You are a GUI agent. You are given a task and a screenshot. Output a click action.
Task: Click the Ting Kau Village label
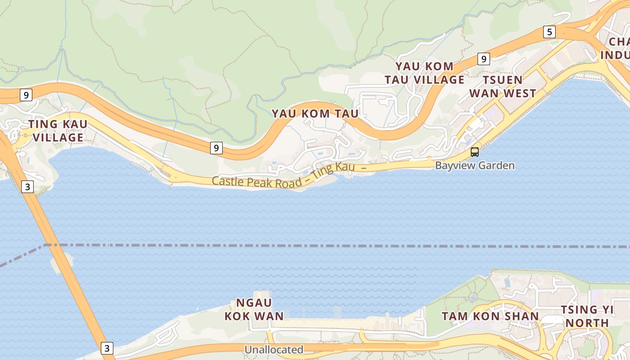pos(58,130)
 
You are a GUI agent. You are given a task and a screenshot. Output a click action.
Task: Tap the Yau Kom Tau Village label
pos(424,73)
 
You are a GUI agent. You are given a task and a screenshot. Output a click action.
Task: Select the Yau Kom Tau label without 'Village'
pos(315,113)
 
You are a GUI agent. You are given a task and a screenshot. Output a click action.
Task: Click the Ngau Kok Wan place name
pos(254,309)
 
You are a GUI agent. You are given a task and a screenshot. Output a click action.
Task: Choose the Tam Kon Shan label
pos(490,316)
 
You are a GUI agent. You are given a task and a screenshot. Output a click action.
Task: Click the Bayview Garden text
pos(474,166)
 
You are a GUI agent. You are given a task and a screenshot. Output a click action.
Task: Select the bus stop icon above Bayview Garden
pos(474,152)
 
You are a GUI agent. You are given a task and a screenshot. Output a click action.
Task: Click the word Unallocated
pos(274,350)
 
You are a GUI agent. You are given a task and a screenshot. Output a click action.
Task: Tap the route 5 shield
pos(549,32)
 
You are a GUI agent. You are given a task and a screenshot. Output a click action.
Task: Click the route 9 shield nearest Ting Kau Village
pos(27,95)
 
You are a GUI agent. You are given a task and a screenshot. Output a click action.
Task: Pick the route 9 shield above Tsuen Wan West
pos(483,58)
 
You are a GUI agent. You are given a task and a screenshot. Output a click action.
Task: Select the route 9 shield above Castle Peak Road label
pos(216,148)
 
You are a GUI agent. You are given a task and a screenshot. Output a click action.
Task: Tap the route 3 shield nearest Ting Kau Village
pos(27,186)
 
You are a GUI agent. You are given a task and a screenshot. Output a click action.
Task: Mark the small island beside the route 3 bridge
pos(63,264)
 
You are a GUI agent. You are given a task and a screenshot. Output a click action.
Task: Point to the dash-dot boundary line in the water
pos(315,246)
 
